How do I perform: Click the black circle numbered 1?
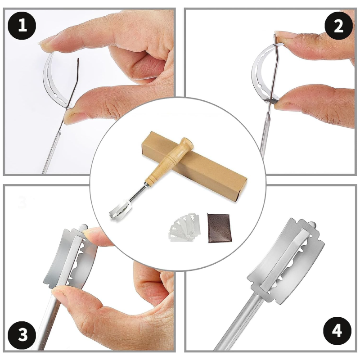coord(22,25)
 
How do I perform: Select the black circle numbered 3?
coord(22,334)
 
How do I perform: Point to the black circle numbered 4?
coord(337,331)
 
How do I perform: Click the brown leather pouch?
coord(220,228)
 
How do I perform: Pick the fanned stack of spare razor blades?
coord(185,227)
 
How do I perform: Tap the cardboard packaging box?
coord(194,166)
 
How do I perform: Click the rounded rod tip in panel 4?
coord(312,224)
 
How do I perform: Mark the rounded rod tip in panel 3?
coord(84,227)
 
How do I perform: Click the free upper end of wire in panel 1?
coord(78,59)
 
